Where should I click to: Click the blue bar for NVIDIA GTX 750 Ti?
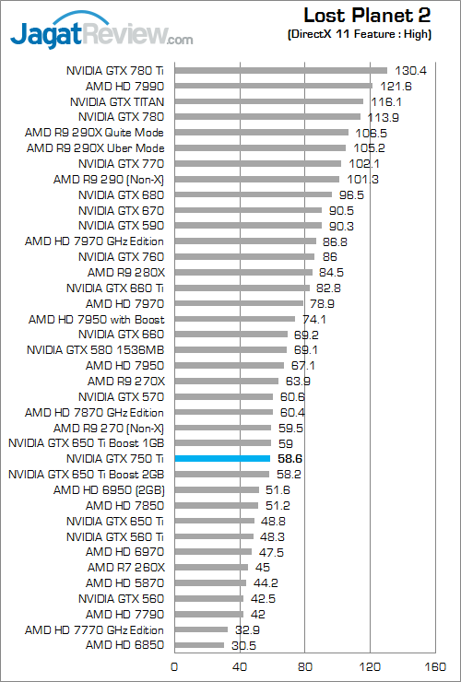[221, 458]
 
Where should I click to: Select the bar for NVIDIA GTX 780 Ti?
[280, 69]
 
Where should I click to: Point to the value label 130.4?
[410, 70]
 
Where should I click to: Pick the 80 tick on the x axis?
[304, 666]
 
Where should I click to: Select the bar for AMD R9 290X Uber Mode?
[260, 147]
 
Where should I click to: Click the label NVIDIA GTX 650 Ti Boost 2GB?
[86, 474]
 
